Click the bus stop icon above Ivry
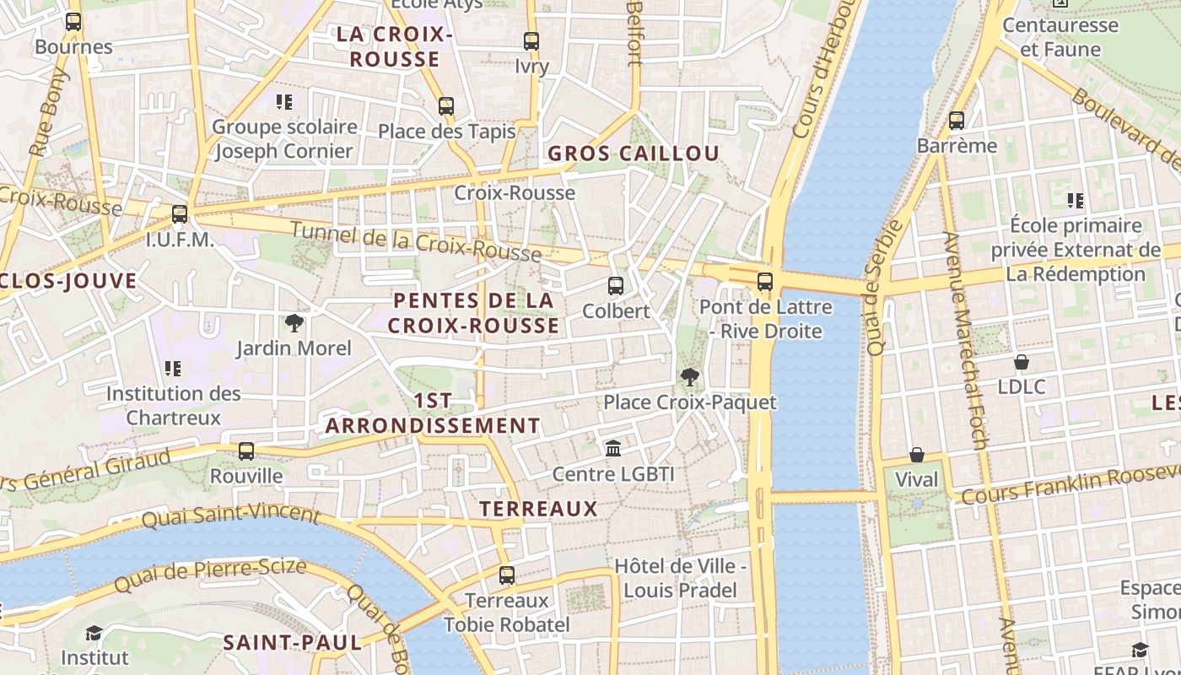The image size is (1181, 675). [x=531, y=40]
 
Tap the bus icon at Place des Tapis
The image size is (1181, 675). [x=446, y=106]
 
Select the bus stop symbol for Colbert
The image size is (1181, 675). [x=616, y=286]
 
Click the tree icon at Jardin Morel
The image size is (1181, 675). [x=294, y=322]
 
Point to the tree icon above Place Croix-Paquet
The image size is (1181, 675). [x=690, y=377]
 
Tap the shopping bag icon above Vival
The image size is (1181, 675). [x=917, y=455]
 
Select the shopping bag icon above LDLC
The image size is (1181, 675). [x=1022, y=362]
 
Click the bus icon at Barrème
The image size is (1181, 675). [x=957, y=121]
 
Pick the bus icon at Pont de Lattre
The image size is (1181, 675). [x=765, y=282]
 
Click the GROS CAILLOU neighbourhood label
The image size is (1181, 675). [x=634, y=154]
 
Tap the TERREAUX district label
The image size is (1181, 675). [x=538, y=509]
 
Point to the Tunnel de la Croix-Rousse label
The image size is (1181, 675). [x=416, y=241]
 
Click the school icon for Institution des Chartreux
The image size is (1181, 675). [x=173, y=368]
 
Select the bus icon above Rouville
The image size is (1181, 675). [x=246, y=451]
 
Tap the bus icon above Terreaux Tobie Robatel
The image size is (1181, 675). [x=507, y=575]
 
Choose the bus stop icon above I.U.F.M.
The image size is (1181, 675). [x=180, y=214]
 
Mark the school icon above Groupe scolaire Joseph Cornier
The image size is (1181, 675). [x=284, y=102]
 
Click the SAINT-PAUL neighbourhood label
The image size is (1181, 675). [x=292, y=643]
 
